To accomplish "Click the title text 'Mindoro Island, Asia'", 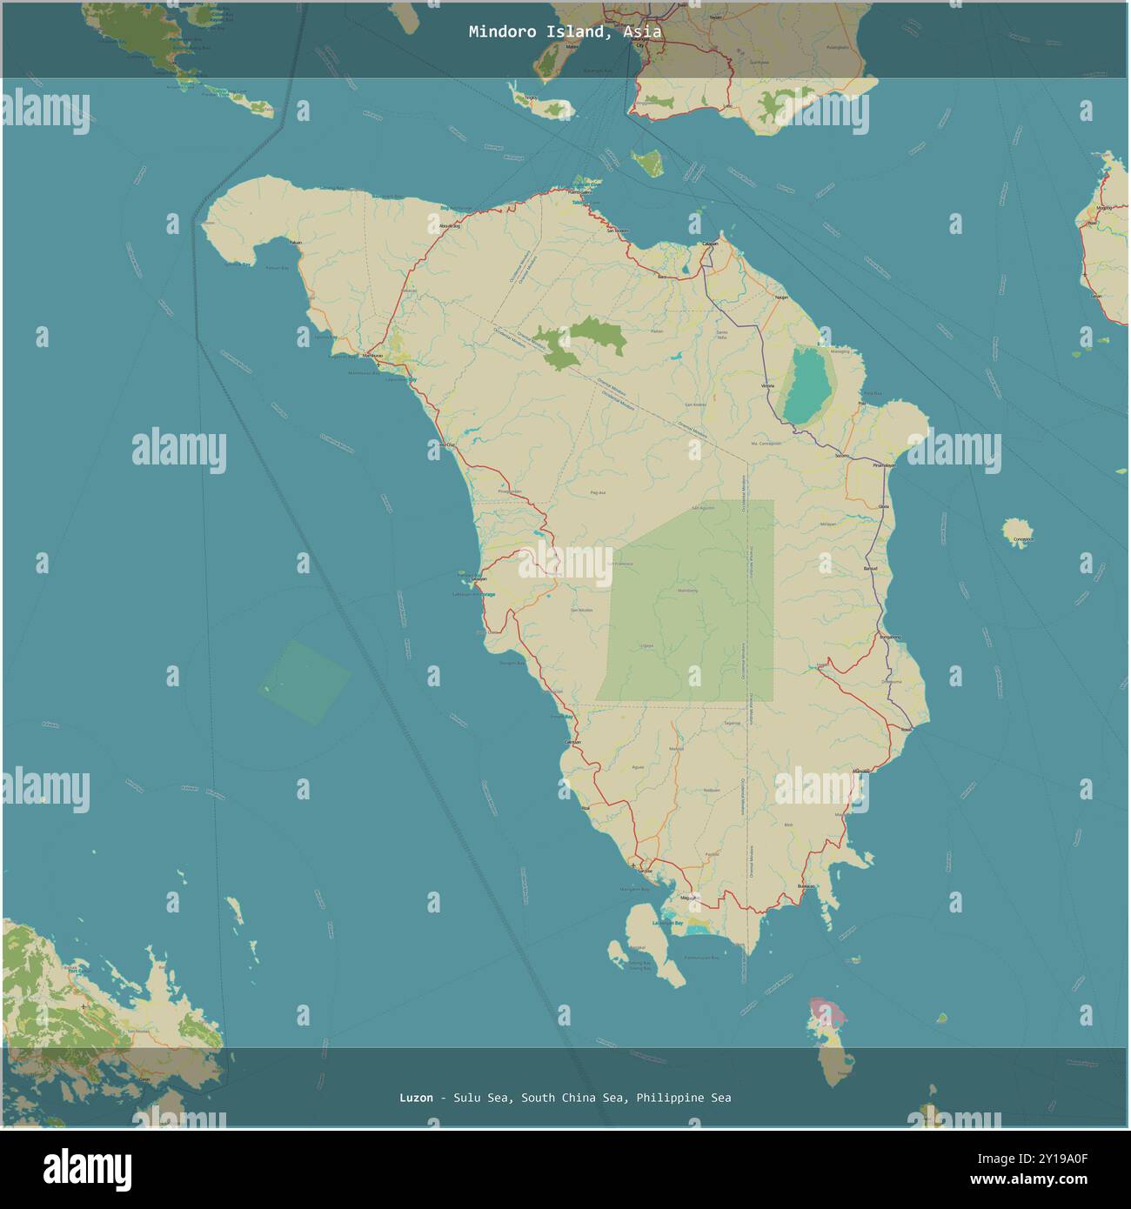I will [x=565, y=31].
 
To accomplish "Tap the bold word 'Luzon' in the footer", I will [x=416, y=1098].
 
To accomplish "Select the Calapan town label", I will [x=710, y=244].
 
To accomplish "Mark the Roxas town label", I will [x=907, y=729].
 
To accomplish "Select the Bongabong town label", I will [x=890, y=638].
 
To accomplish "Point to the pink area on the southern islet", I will [x=826, y=1010].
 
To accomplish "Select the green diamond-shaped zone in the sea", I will [x=306, y=682].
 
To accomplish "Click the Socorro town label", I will [x=840, y=455].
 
